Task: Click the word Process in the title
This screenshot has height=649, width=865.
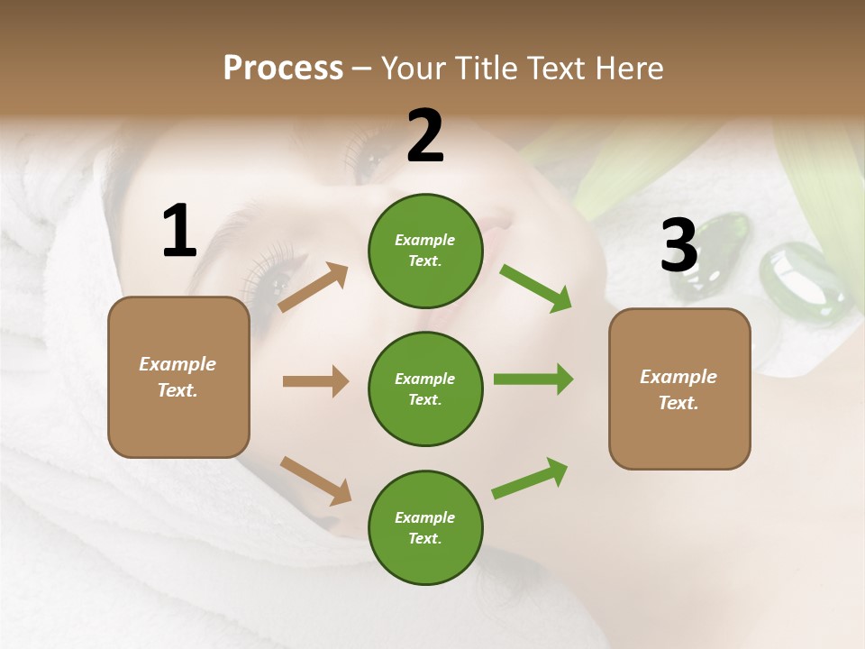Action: pos(283,69)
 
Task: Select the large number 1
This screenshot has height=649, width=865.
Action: pos(179,232)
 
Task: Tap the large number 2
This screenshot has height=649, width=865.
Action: pos(425,137)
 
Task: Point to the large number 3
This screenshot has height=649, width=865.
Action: pos(679,246)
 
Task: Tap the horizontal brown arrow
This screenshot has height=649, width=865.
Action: pos(315,381)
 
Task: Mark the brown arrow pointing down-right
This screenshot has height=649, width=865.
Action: pos(315,480)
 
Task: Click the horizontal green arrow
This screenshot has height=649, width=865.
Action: pos(533,379)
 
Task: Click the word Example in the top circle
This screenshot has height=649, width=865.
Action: pos(425,241)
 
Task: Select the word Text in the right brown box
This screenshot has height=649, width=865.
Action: pos(678,403)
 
